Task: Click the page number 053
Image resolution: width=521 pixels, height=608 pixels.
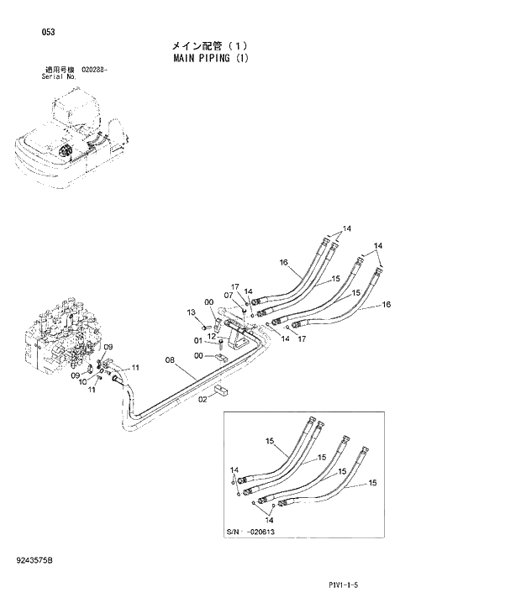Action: pyautogui.click(x=48, y=32)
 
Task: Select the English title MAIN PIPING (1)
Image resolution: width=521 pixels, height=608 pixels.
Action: pyautogui.click(x=211, y=59)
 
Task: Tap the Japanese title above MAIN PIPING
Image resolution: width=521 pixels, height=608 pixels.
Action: pyautogui.click(x=210, y=45)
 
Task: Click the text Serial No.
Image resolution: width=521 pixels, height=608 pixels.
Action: pyautogui.click(x=59, y=76)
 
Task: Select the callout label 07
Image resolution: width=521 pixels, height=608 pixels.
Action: pyautogui.click(x=228, y=296)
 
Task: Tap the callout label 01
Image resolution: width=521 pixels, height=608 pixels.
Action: pyautogui.click(x=198, y=340)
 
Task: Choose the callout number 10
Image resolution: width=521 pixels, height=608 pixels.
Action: pyautogui.click(x=82, y=381)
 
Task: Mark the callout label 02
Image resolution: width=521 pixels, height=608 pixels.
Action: pyautogui.click(x=203, y=400)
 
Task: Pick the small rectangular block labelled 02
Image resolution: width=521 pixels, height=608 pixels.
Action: pyautogui.click(x=222, y=391)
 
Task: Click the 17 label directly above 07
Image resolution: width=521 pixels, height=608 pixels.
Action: pyautogui.click(x=236, y=286)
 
